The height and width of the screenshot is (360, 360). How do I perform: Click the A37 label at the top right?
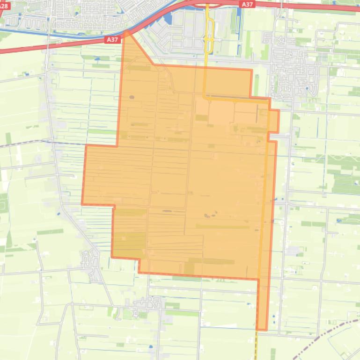(247, 4)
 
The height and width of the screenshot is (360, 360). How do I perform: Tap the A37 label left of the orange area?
(112, 40)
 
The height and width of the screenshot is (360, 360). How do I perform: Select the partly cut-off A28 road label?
(4, 6)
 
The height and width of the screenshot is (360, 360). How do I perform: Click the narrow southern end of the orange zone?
(262, 323)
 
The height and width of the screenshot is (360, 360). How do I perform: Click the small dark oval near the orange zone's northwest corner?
(132, 97)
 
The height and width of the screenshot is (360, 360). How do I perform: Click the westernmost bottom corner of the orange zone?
(112, 256)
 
